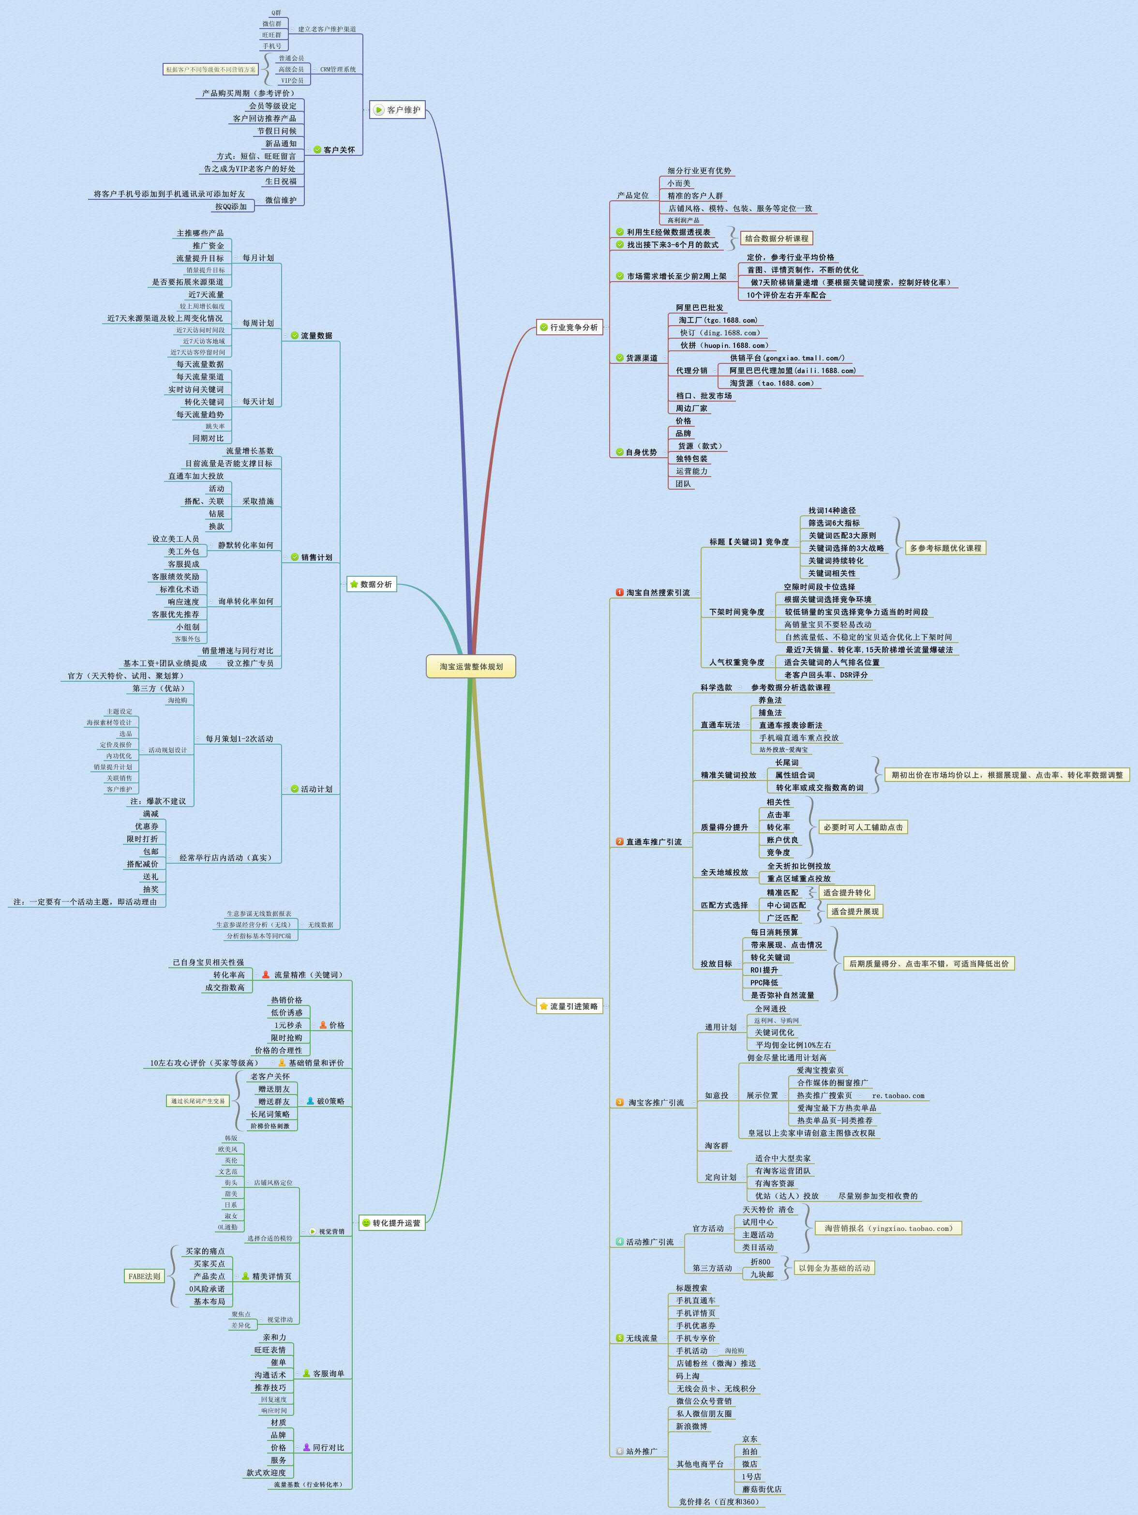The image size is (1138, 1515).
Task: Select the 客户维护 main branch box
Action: (397, 109)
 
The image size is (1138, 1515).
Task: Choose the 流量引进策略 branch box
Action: (569, 1006)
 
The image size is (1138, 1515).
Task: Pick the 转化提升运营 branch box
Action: (391, 1223)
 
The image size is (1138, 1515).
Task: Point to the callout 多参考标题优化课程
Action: (945, 548)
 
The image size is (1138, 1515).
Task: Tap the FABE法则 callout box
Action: (144, 1276)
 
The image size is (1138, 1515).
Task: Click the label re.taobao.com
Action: (898, 1095)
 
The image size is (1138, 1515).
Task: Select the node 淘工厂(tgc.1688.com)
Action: (718, 320)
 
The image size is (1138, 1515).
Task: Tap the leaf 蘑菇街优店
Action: (762, 1489)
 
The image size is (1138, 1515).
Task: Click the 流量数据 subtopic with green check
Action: (315, 336)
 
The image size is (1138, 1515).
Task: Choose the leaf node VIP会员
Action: (292, 80)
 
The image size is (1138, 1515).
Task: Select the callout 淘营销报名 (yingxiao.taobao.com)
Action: (888, 1228)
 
